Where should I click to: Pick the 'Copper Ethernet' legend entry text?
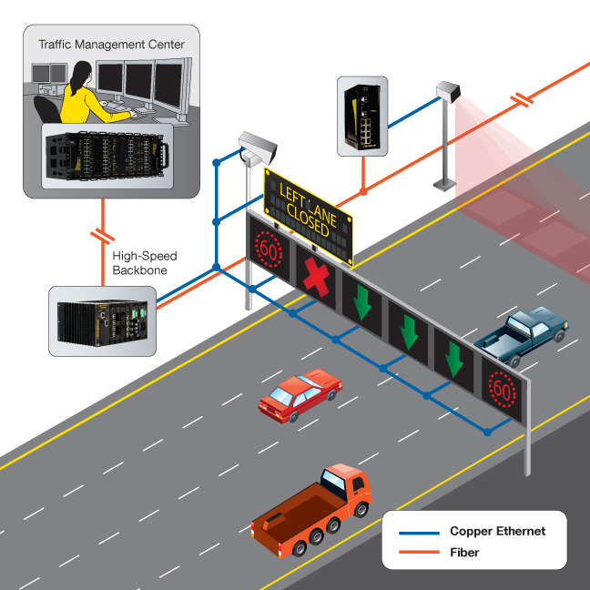click(x=496, y=531)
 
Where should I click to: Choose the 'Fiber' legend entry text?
click(x=464, y=552)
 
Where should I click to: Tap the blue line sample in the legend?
click(x=415, y=531)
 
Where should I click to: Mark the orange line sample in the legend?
click(x=415, y=552)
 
